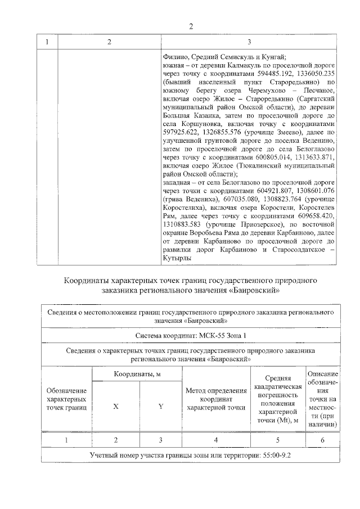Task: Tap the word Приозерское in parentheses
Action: [258, 224]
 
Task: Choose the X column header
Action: [115, 406]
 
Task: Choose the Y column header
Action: [160, 406]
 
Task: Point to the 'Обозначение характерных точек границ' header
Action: [66, 399]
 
